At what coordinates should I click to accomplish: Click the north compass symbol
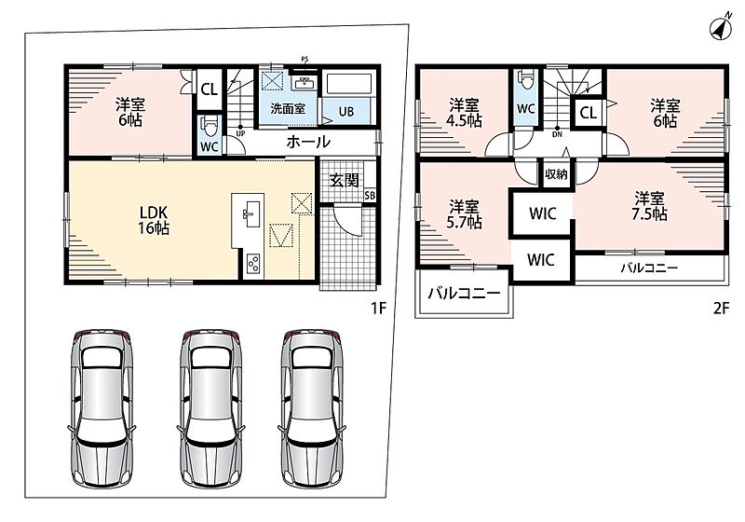tap(721, 30)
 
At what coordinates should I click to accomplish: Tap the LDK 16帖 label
tap(154, 220)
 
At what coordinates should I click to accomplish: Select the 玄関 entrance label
tap(344, 180)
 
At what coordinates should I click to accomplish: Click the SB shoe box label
tap(369, 196)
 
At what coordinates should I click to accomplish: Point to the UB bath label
tap(345, 112)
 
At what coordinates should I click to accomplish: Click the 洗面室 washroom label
tap(288, 108)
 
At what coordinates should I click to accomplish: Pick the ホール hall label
tap(308, 142)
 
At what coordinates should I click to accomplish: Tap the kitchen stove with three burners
tap(253, 265)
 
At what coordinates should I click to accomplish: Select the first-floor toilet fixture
tap(209, 126)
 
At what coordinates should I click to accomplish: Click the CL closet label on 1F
tap(209, 89)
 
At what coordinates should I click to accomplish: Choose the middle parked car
tap(210, 407)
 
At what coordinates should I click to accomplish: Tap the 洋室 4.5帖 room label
tap(465, 113)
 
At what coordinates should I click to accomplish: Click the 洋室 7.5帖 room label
tap(649, 206)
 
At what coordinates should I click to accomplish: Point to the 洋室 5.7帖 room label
tap(464, 214)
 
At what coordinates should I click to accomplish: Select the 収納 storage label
tap(556, 174)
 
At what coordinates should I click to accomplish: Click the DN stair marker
tap(557, 134)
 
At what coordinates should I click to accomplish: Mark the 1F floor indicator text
tap(379, 309)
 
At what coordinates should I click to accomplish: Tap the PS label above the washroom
tap(305, 60)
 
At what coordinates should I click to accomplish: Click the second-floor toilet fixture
tap(525, 78)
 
